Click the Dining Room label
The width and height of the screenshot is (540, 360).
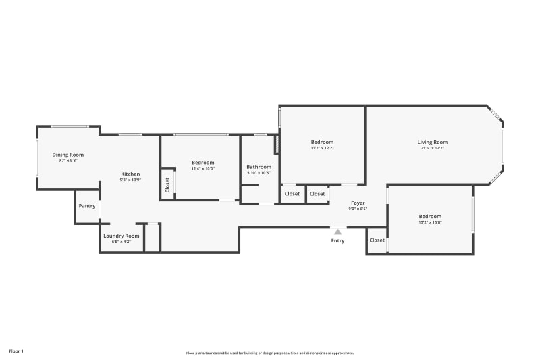pos(68,155)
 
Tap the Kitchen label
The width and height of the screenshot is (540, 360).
pos(130,174)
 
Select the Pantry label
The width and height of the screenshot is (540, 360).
pos(87,206)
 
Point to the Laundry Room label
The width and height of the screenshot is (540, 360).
pos(122,236)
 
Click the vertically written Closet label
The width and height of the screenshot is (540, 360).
pos(167,184)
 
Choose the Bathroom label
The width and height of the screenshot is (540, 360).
pos(259,167)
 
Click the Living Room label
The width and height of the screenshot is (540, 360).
pos(432,142)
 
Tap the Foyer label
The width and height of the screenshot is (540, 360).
pos(357,203)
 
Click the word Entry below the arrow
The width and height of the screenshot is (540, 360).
pos(337,241)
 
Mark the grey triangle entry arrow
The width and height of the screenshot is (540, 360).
pos(337,232)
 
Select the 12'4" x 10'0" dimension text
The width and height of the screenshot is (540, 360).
pos(202,169)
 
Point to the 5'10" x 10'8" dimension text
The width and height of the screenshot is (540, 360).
pos(259,174)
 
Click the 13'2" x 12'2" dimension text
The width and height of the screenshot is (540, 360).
pos(322,148)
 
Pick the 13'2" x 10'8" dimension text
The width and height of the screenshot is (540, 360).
pos(430,222)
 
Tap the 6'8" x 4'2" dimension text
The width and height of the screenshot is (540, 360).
pos(122,242)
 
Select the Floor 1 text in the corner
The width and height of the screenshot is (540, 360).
pos(16,351)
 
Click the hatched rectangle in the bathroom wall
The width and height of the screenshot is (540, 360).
pos(276,144)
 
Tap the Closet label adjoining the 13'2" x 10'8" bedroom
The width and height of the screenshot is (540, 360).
pos(377,240)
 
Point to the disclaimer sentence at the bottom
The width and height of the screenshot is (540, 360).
pos(270,353)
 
